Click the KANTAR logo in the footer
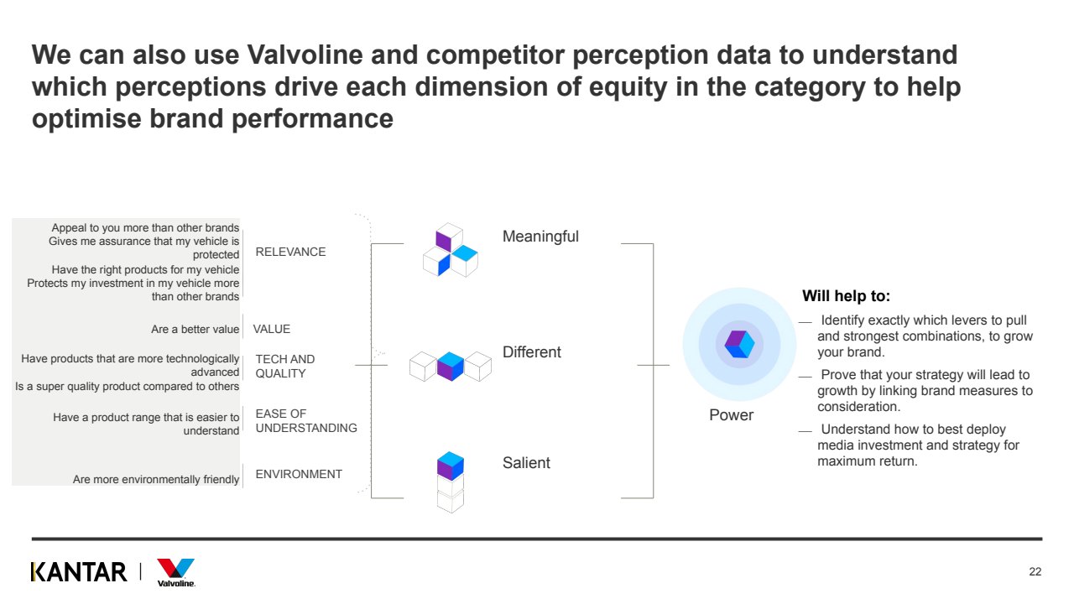click(x=79, y=572)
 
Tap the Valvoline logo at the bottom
click(x=175, y=572)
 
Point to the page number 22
click(x=1035, y=572)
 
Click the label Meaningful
click(x=540, y=237)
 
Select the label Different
click(x=531, y=352)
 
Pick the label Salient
click(x=526, y=462)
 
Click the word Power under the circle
click(x=731, y=415)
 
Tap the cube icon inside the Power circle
click(x=739, y=345)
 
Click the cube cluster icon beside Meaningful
click(x=449, y=250)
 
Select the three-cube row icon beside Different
click(x=450, y=366)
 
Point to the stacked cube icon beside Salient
click(x=451, y=482)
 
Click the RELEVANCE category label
click(x=290, y=252)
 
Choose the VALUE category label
click(x=271, y=329)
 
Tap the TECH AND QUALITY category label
click(x=285, y=366)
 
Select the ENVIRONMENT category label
click(x=299, y=474)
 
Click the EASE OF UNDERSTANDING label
click(x=305, y=420)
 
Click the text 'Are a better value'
click(x=195, y=330)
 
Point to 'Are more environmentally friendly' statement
click(x=156, y=480)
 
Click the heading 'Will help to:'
click(x=846, y=296)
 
